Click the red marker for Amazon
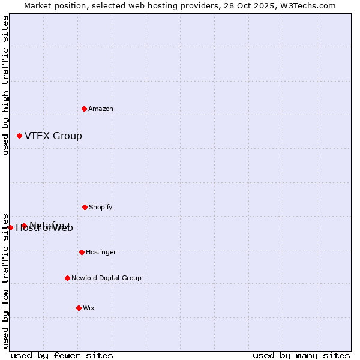pyautogui.click(x=84, y=109)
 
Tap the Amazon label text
pyautogui.click(x=101, y=109)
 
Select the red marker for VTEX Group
pyautogui.click(x=19, y=136)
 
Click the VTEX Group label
pyautogui.click(x=53, y=136)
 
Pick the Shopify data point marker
pyautogui.click(x=85, y=207)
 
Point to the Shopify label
pyautogui.click(x=101, y=208)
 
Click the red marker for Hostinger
pyautogui.click(x=82, y=252)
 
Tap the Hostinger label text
pyautogui.click(x=101, y=253)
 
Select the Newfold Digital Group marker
pyautogui.click(x=67, y=278)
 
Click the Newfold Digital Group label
pyautogui.click(x=106, y=278)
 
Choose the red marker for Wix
pyautogui.click(x=79, y=308)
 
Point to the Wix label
pyautogui.click(x=89, y=308)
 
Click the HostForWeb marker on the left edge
pyautogui.click(x=10, y=227)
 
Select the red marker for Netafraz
pyautogui.click(x=24, y=226)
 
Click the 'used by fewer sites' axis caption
pyautogui.click(x=62, y=355)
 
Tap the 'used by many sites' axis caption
pyautogui.click(x=301, y=355)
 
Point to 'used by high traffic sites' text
pyautogui.click(x=5, y=85)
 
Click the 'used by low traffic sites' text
pyautogui.click(x=5, y=281)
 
